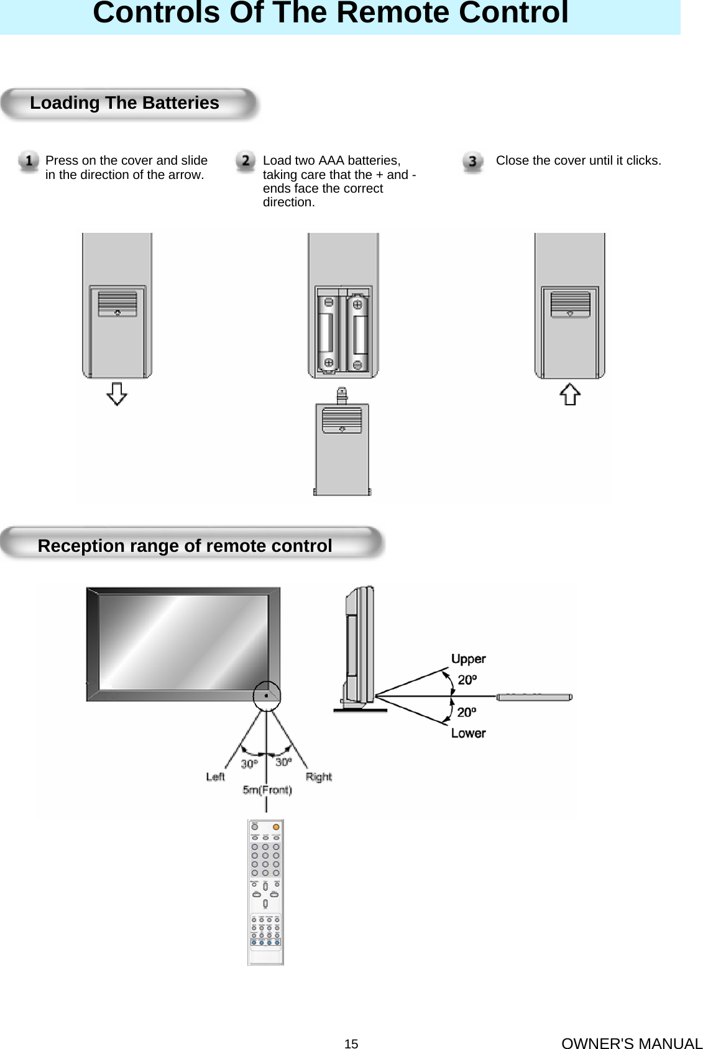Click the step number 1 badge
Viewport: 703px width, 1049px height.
[x=29, y=161]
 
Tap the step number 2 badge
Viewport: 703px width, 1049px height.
[x=246, y=161]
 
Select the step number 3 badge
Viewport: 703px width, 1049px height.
[x=472, y=162]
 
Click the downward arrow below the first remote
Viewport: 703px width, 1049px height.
[x=117, y=394]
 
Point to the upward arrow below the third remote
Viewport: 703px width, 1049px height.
[x=570, y=394]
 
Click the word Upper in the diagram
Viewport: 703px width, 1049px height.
[x=468, y=659]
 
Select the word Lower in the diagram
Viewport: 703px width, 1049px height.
[x=468, y=733]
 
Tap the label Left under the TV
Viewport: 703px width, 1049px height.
[x=215, y=777]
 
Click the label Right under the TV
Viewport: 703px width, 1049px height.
[x=318, y=777]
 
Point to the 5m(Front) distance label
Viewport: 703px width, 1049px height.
[x=267, y=790]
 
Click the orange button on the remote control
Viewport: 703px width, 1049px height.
[x=276, y=827]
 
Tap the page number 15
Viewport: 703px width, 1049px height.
[x=351, y=1044]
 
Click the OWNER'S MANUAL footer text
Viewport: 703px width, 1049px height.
[x=632, y=1043]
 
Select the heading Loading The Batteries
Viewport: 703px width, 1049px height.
[x=124, y=103]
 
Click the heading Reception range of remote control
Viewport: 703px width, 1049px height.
[x=185, y=546]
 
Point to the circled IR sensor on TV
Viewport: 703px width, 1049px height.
[x=267, y=695]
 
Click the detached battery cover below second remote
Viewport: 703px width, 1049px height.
[x=342, y=447]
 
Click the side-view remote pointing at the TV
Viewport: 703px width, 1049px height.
[x=535, y=697]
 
